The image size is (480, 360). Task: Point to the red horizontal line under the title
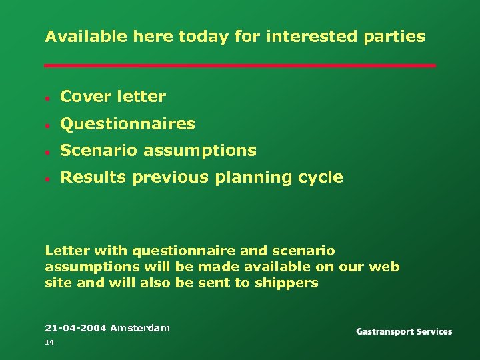point(240,65)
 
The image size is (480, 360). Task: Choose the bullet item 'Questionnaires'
point(127,124)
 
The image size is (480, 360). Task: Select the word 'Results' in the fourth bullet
point(93,177)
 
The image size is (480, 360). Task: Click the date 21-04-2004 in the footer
point(75,328)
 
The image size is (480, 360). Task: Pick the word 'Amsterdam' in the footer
point(140,328)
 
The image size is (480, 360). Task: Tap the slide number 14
point(49,342)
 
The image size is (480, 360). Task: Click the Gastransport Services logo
point(404,331)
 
